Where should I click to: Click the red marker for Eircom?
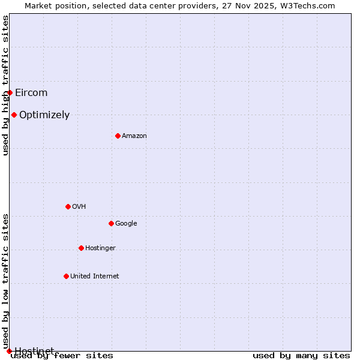tap(10, 92)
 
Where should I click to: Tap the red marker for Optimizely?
tap(14, 115)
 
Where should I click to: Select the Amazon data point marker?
tap(118, 136)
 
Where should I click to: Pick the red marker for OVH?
tap(68, 206)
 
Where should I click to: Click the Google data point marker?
tap(111, 223)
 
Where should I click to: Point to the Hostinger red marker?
tap(81, 248)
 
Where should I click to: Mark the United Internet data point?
tap(66, 276)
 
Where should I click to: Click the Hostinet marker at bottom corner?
tap(9, 351)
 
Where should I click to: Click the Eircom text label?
tap(31, 92)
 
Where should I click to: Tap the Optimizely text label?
tap(44, 115)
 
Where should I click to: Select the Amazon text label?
tap(134, 136)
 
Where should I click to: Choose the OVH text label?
tap(79, 206)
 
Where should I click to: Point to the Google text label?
tap(126, 223)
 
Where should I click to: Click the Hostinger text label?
tap(100, 248)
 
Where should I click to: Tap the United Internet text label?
tap(95, 276)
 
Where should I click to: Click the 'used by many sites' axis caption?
tap(301, 355)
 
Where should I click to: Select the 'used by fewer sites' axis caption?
tap(62, 355)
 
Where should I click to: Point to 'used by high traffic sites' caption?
tap(5, 85)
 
